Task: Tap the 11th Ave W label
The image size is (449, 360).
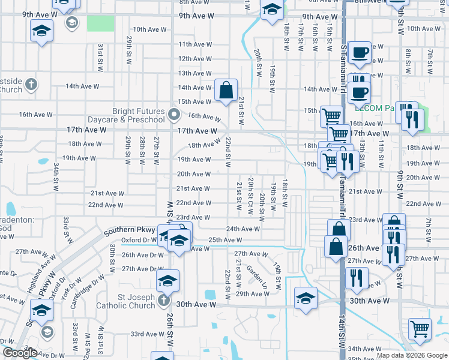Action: point(194,44)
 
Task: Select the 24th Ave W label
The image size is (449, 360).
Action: point(243,229)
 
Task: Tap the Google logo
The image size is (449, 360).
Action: point(19,353)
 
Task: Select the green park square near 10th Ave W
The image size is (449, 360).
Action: point(100,23)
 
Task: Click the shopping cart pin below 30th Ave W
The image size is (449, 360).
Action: point(419,328)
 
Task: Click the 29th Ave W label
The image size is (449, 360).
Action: point(251,293)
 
